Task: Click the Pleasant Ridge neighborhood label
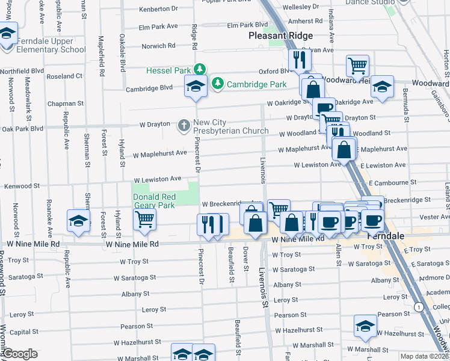point(282,35)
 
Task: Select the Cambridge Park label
point(256,84)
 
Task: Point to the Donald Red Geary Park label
point(154,201)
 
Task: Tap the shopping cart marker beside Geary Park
point(144,220)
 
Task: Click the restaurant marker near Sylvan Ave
point(298,60)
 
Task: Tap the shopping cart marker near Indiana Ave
point(357,66)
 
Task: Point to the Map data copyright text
point(424,356)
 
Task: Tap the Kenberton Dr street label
point(158,10)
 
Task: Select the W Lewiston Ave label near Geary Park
point(158,179)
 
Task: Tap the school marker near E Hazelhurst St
point(365,326)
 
